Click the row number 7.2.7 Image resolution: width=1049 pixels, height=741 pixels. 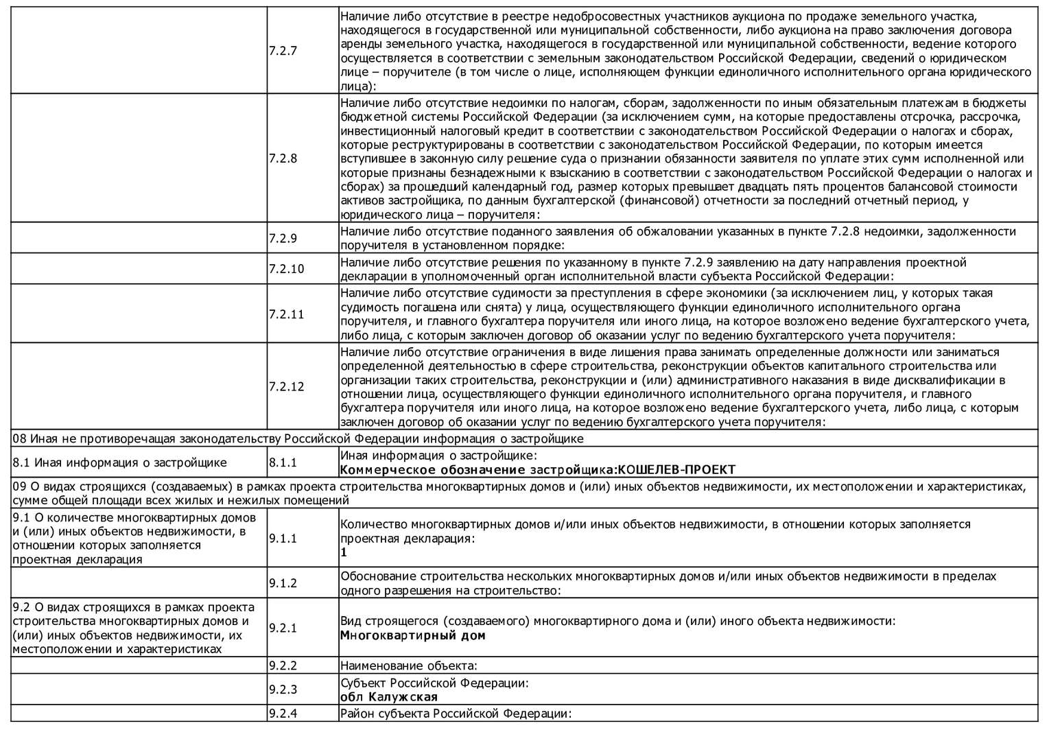283,51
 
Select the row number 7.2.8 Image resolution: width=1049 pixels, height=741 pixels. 283,158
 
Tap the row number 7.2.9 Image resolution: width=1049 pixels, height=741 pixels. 283,239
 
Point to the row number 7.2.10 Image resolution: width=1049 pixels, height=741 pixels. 286,269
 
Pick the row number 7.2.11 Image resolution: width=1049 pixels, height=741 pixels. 286,314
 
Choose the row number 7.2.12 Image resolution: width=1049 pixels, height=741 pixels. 286,386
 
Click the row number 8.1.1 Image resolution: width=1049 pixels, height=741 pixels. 283,462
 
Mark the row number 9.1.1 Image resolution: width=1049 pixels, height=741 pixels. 283,538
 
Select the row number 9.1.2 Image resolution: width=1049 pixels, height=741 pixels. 283,583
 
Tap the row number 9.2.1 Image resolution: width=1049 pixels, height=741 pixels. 283,628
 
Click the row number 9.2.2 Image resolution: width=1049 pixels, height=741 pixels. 283,665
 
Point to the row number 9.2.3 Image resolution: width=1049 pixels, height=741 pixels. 283,690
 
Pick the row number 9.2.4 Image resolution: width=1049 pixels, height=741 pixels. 283,714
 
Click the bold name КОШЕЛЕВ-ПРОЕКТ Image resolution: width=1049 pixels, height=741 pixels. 676,470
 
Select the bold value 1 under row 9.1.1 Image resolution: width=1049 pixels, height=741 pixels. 344,552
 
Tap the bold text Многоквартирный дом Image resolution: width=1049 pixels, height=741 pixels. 412,635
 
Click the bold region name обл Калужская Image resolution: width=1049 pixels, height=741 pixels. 389,697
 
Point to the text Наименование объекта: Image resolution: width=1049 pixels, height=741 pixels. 408,665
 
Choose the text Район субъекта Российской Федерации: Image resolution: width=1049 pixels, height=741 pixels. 456,714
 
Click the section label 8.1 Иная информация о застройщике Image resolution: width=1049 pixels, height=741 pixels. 120,462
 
